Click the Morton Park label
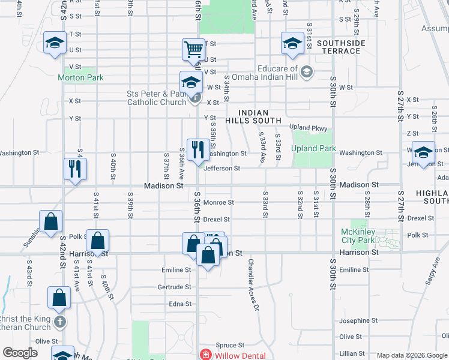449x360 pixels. [x=80, y=77]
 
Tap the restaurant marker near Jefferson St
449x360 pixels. [x=198, y=149]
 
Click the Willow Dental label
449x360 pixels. [x=241, y=355]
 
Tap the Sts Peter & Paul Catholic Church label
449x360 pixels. [x=157, y=98]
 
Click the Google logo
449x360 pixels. [x=20, y=353]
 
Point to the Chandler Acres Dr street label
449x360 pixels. [x=253, y=284]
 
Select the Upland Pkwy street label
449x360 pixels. [x=307, y=127]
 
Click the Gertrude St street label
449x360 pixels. [x=174, y=287]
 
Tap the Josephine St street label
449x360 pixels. [x=358, y=320]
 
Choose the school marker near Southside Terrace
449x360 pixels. [x=292, y=43]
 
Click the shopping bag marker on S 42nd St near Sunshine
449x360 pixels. [x=51, y=221]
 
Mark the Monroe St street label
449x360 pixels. [x=218, y=203]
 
